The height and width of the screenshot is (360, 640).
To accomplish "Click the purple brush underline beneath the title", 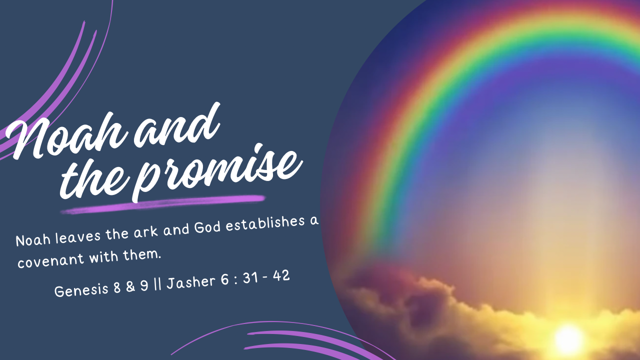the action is coord(163,204).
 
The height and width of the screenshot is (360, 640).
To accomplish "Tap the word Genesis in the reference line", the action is coord(81,289).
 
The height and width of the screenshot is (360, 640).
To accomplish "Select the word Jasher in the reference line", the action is coord(191,281).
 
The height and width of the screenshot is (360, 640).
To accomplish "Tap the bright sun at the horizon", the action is coord(568,339).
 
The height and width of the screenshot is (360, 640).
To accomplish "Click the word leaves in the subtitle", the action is coord(77,236).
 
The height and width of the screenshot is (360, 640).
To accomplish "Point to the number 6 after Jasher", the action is coord(224,279).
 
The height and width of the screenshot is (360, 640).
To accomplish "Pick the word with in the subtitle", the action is coord(103,256).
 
